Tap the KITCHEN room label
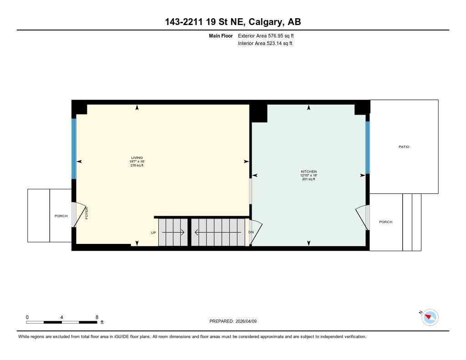coord(309,171)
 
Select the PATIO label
coord(404,147)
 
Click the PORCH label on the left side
coord(61,216)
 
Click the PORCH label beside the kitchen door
coord(385,222)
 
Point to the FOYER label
coord(86,213)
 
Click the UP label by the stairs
coord(153,233)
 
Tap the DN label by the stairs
coord(251,232)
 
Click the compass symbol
coord(430,317)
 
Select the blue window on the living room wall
coord(74,148)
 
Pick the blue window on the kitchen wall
coord(368,147)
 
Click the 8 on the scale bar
coord(97,317)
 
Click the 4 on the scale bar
coord(61,317)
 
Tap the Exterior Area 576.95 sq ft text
coord(268,35)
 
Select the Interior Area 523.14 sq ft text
coord(265,44)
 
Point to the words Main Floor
coord(221,35)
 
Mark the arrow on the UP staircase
coord(173,233)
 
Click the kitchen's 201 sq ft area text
coord(309,179)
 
